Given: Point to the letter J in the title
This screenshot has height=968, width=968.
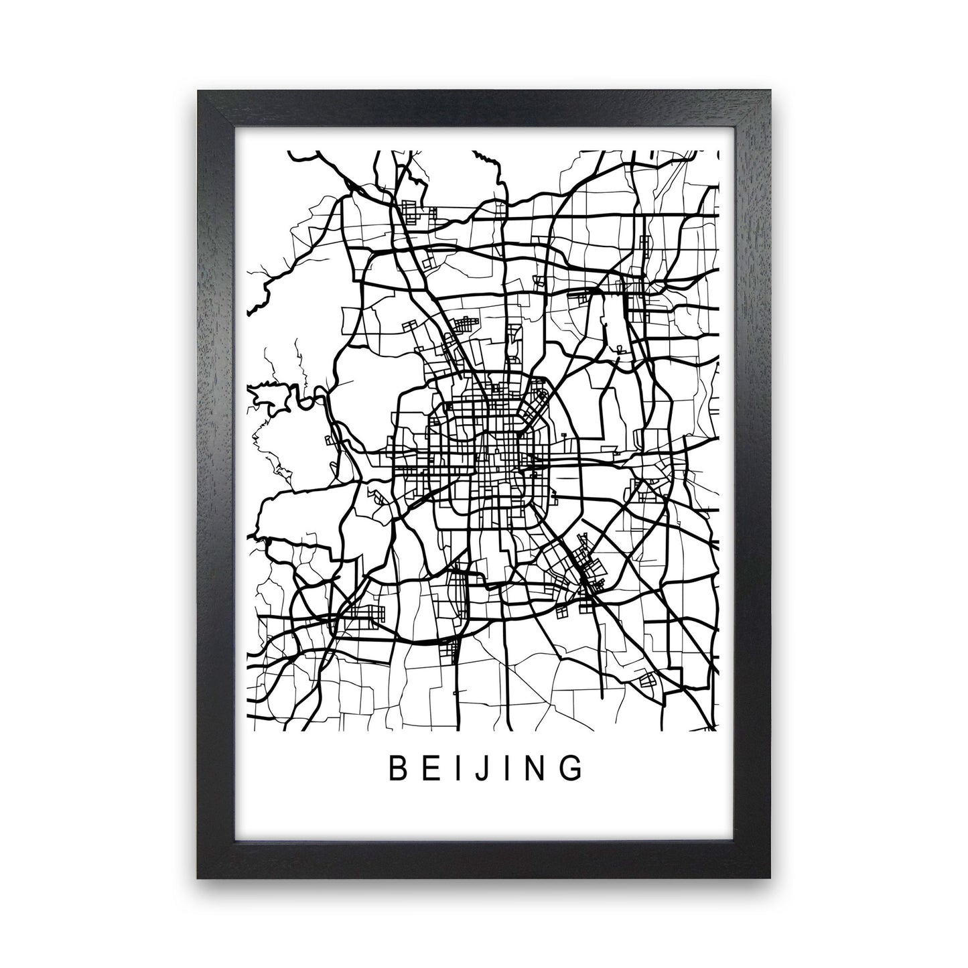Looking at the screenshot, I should (478, 770).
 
